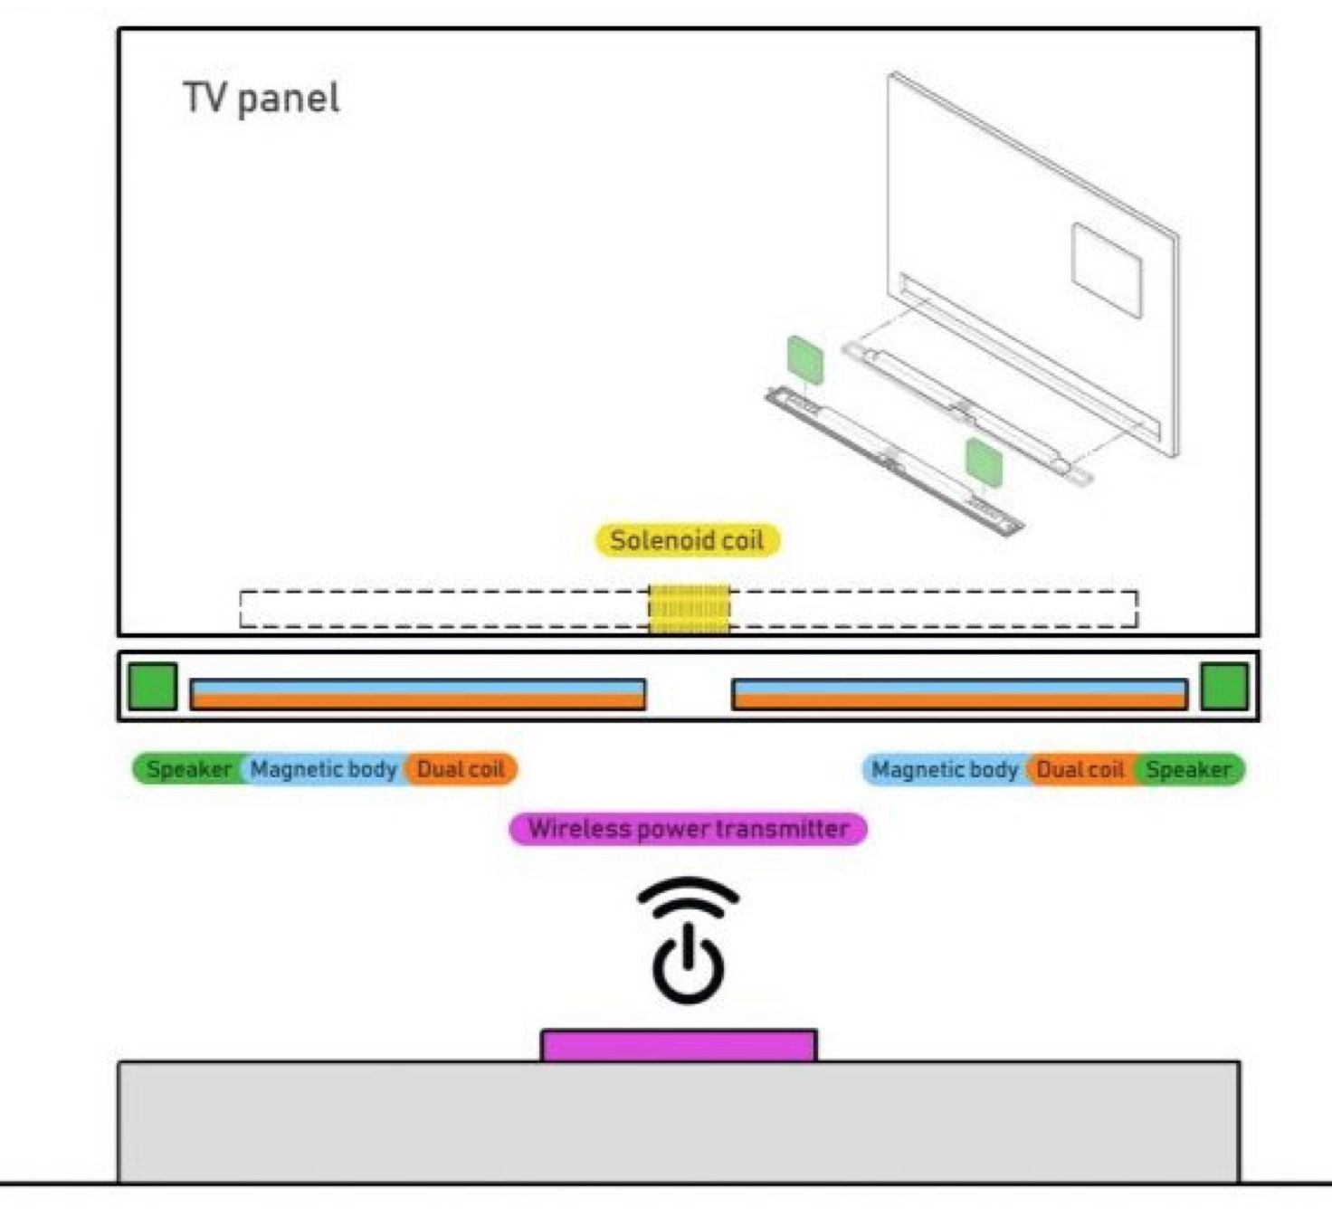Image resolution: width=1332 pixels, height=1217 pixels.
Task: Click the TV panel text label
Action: [261, 98]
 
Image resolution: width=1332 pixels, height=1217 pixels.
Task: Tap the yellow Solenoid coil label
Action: [687, 540]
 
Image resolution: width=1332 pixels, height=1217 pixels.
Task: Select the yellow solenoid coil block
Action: [689, 608]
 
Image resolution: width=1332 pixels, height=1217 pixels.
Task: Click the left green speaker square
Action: [152, 686]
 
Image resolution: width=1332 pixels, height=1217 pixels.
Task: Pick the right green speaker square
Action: [1224, 686]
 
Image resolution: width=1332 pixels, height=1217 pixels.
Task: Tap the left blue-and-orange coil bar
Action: [417, 694]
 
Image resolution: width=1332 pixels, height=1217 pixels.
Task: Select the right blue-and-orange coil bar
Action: [959, 694]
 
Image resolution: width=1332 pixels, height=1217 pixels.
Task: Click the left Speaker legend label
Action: [188, 769]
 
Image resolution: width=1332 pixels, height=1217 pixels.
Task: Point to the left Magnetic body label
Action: [323, 769]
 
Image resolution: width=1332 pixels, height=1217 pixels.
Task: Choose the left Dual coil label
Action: [461, 769]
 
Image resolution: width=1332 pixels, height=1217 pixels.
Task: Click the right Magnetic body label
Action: [945, 769]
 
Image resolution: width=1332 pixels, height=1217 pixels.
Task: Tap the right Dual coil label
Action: [1080, 769]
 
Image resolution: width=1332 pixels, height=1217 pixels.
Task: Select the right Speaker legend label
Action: [1188, 769]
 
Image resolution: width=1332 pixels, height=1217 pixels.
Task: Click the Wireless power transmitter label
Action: [688, 828]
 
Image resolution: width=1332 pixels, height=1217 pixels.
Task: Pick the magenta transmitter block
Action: [679, 1046]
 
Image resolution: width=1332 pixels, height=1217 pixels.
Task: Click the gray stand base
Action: [679, 1122]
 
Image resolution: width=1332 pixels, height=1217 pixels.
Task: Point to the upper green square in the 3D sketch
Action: [804, 358]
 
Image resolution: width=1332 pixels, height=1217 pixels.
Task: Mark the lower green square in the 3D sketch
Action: [983, 460]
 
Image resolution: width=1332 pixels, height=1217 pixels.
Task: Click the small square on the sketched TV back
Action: [1107, 269]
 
